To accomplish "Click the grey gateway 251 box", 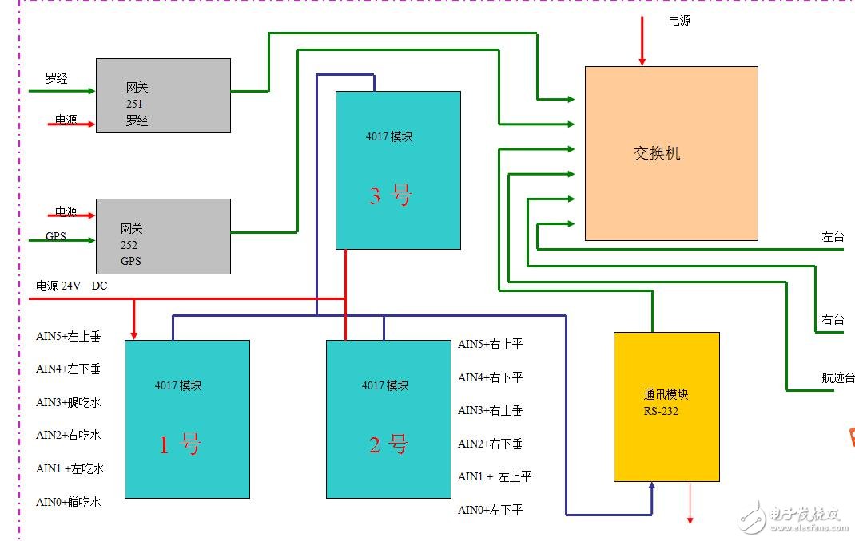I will point(163,95).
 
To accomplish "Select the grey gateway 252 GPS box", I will point(163,236).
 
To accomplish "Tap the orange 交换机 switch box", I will point(670,153).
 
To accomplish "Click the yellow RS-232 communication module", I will point(666,407).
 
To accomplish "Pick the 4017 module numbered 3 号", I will point(397,170).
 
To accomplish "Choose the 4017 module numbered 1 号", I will point(187,419).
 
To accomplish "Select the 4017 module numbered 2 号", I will point(388,419).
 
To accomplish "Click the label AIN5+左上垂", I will point(69,337).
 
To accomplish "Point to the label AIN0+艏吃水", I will point(69,503).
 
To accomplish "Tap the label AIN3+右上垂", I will point(490,410).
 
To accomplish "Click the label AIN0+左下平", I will point(490,510).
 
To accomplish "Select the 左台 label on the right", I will point(833,237).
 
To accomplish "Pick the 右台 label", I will point(833,320).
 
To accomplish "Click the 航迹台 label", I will point(837,377).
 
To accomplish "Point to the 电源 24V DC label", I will point(71,286).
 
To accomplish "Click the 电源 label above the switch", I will point(679,21).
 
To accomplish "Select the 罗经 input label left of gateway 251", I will point(56,78).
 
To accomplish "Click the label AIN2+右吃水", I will point(69,436).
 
